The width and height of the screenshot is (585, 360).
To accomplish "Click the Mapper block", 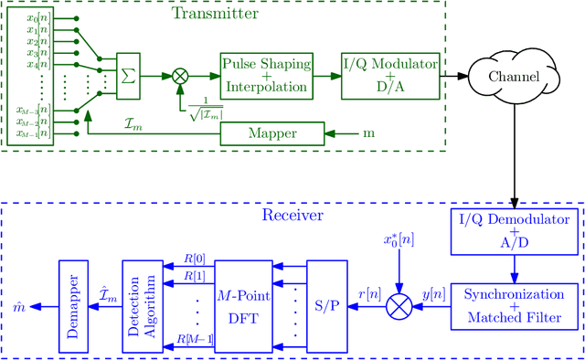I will coord(272,134).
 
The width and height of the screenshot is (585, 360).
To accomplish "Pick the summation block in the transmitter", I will coord(129,76).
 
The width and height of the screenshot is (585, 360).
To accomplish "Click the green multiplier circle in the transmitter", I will coord(180,76).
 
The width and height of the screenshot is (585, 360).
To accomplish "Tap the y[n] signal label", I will coord(433,295).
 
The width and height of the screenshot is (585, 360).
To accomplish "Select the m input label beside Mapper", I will coord(369,134).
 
